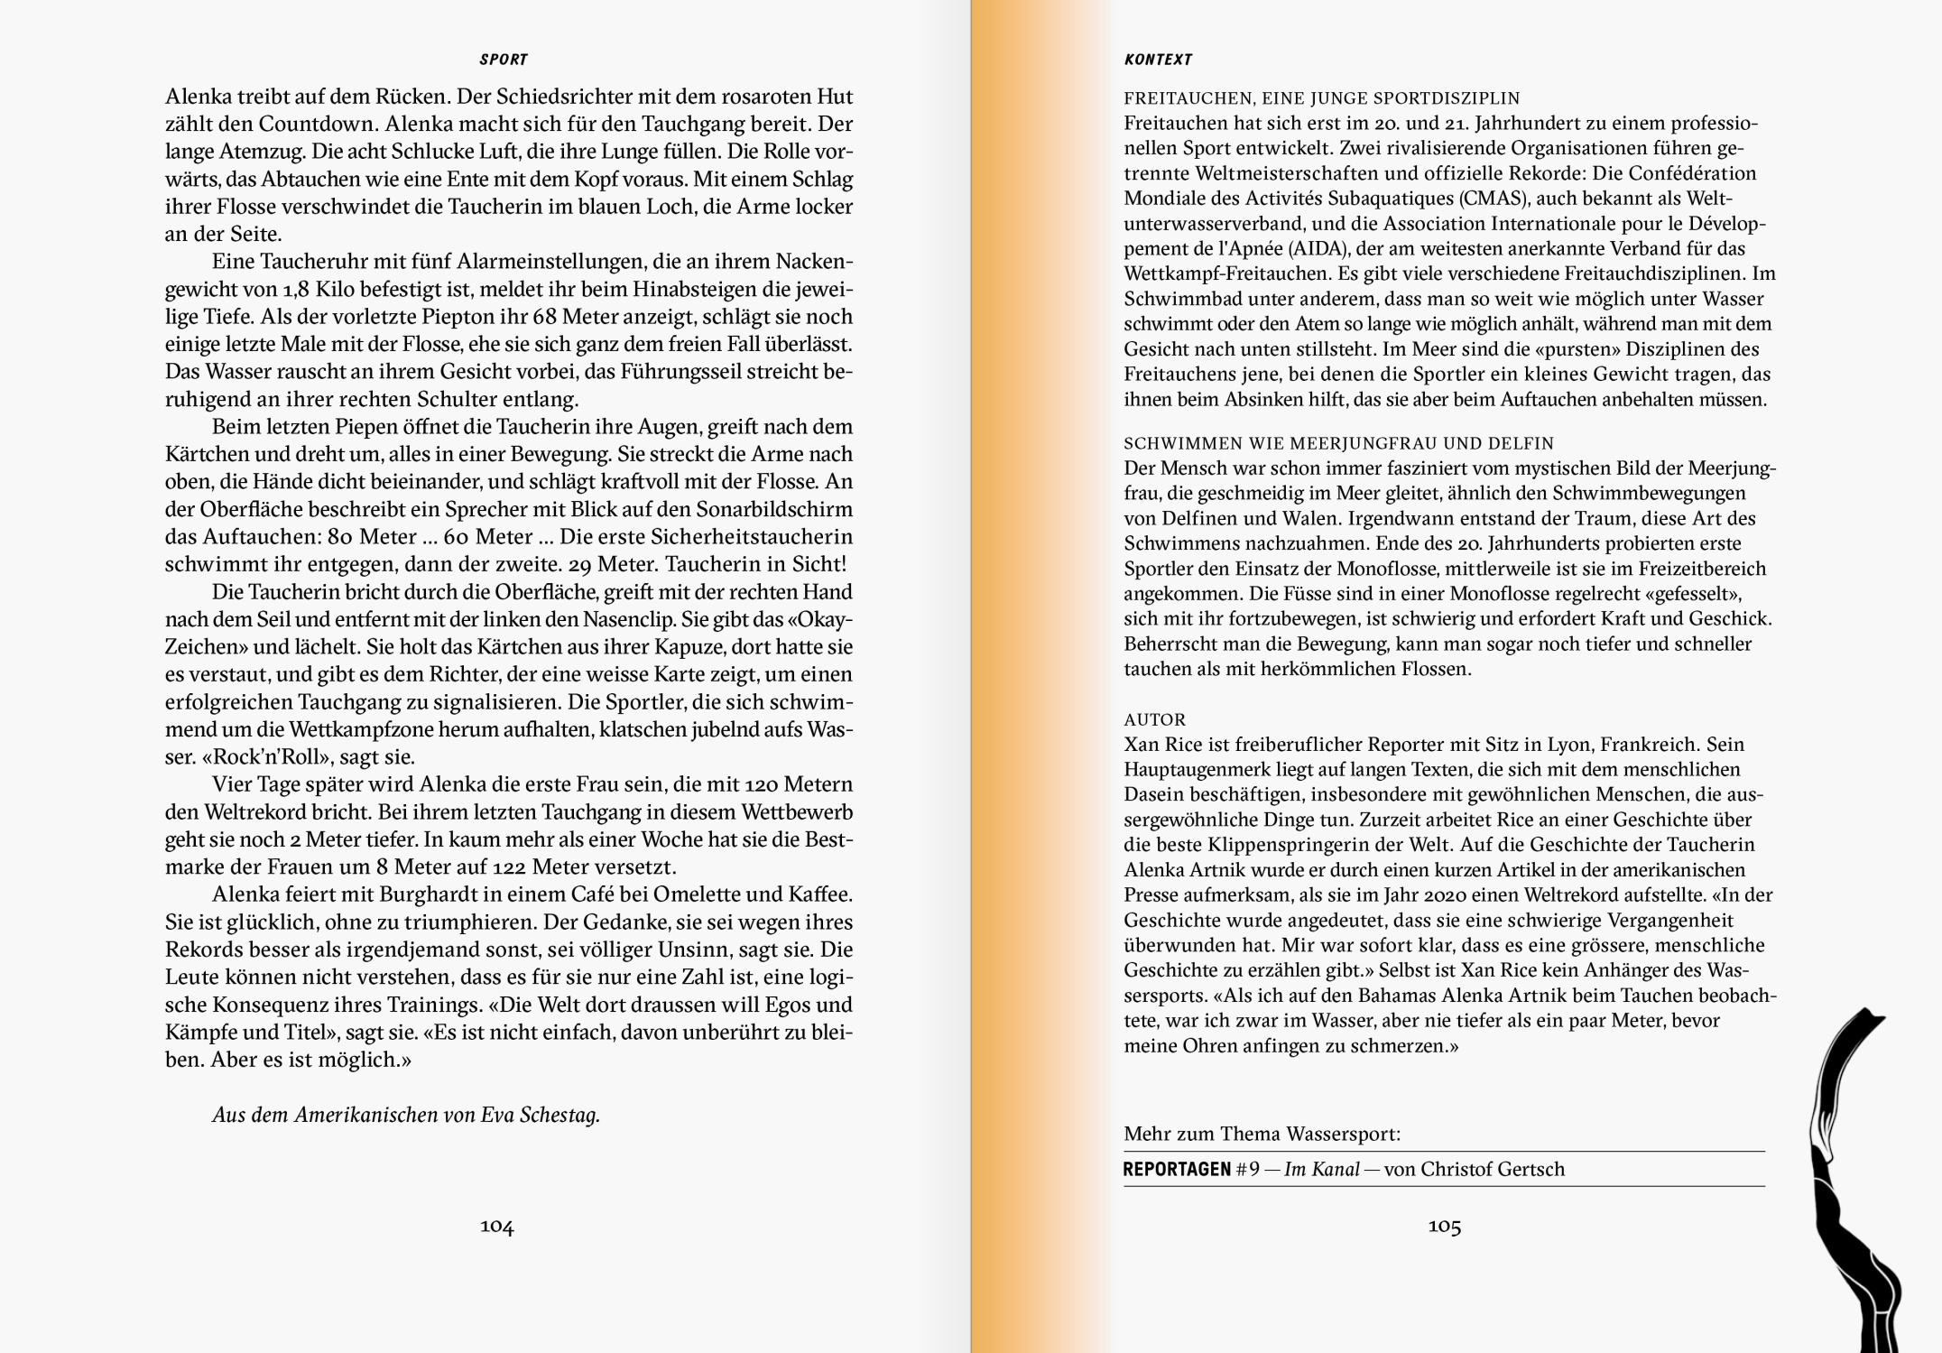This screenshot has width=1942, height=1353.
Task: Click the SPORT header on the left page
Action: (503, 60)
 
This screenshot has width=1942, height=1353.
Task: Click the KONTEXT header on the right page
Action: (1158, 60)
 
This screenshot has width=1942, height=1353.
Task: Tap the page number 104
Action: (496, 1226)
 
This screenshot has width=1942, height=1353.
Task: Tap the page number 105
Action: (1444, 1226)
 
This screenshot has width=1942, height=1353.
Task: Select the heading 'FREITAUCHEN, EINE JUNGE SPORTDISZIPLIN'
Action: (1321, 98)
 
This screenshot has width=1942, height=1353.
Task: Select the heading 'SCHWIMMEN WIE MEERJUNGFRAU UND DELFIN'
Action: (1338, 443)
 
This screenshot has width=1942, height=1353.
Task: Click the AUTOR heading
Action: (1154, 719)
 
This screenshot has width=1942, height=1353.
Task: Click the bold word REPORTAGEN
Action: (1177, 1170)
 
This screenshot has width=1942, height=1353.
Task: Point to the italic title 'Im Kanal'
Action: (1321, 1170)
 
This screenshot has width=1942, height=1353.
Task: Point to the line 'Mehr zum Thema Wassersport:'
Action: (1262, 1134)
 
